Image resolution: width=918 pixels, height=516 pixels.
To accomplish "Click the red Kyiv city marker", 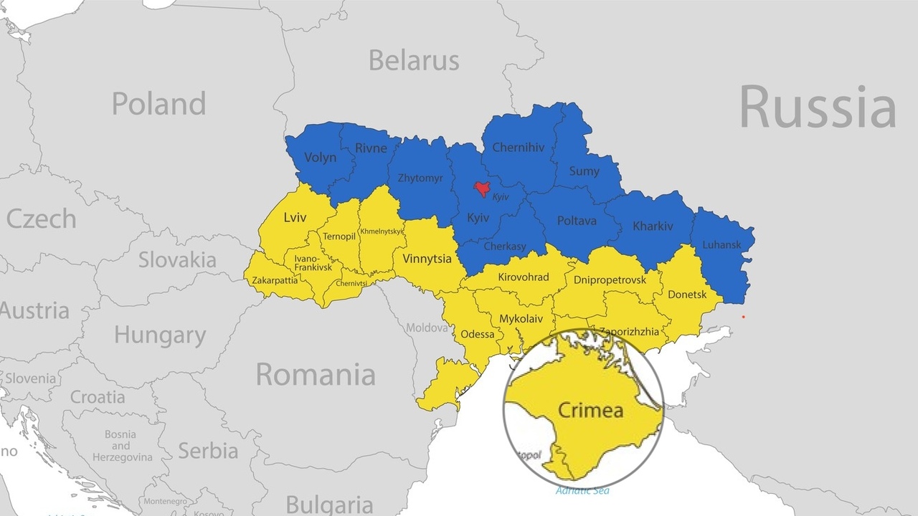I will [x=483, y=188].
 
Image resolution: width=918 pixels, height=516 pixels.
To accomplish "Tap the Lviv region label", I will [x=295, y=217].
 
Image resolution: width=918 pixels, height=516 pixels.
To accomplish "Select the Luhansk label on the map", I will [x=721, y=245].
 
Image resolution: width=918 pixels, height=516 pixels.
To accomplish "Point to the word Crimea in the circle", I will [x=590, y=411].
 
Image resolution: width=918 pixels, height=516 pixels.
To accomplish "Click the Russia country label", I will [x=817, y=107].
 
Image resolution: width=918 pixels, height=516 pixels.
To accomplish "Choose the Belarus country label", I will [x=413, y=61].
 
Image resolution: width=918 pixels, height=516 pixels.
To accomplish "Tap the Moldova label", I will [x=427, y=328].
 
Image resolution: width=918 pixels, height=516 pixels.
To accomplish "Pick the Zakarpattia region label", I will [x=275, y=280].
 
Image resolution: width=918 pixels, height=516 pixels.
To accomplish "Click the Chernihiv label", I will [x=518, y=148].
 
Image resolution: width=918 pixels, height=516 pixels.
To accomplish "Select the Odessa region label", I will [x=477, y=334].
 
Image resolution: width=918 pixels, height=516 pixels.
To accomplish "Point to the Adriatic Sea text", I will [x=582, y=491].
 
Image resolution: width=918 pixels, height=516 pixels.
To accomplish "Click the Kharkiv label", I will [x=653, y=226].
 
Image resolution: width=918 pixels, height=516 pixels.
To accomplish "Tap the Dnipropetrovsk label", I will [x=610, y=279].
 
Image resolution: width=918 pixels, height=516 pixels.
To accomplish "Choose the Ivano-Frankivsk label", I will [x=313, y=262].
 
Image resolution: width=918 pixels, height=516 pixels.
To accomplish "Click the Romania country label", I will [x=315, y=375].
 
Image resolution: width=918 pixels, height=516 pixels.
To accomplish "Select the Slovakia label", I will [x=177, y=259].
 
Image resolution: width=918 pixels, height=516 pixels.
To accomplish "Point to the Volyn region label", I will [x=320, y=158].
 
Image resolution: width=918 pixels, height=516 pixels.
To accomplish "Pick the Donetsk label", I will [x=686, y=295].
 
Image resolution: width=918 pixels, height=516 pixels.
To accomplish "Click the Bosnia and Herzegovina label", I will [x=120, y=446].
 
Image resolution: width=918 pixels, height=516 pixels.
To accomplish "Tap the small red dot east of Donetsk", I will [x=743, y=317].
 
